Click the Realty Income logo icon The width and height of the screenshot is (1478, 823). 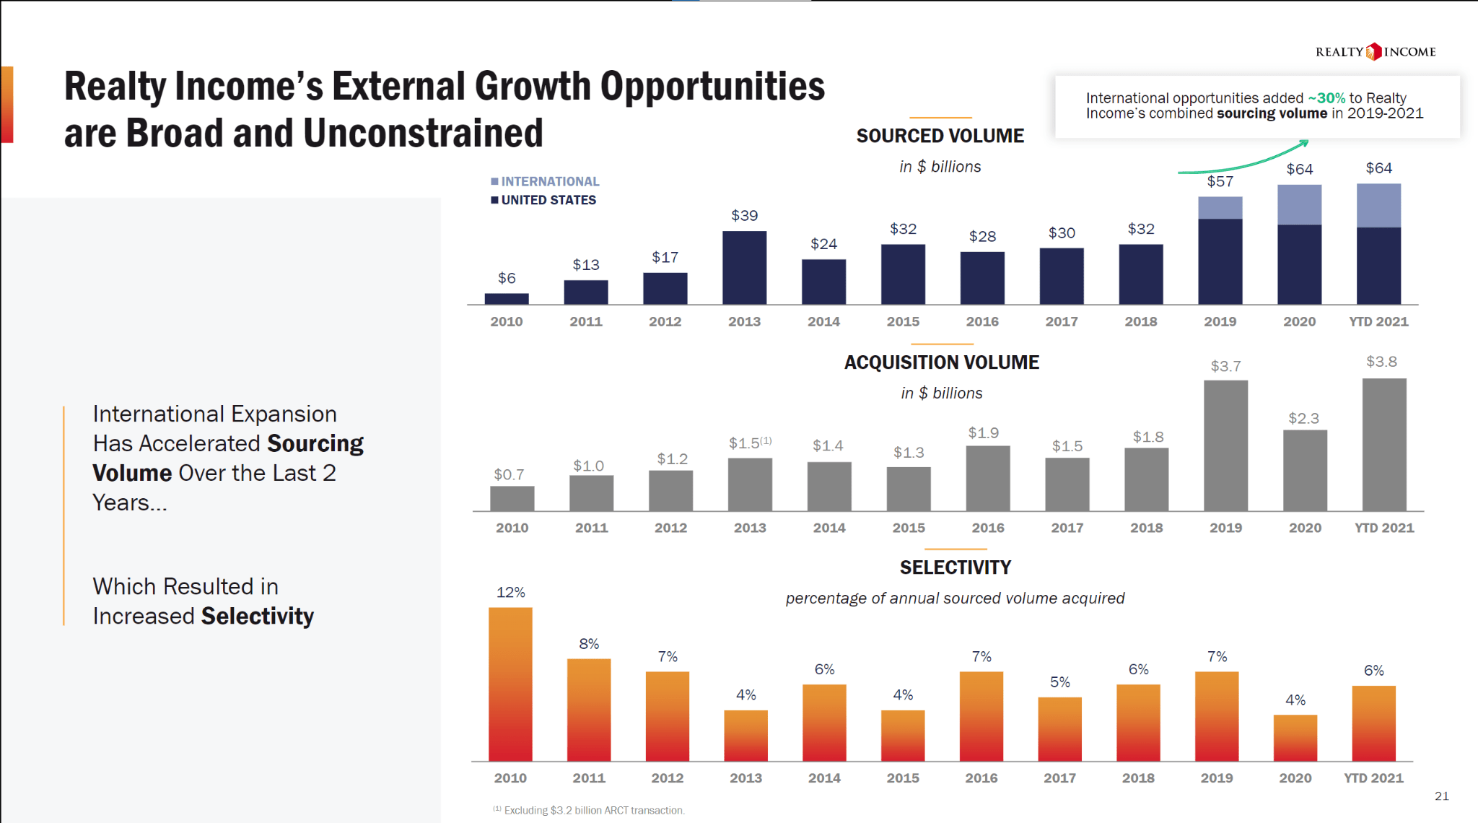(x=1373, y=51)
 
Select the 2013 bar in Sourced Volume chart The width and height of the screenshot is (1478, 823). (x=744, y=267)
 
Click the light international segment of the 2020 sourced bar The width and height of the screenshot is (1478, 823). (x=1299, y=204)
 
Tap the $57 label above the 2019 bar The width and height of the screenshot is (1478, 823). (x=1220, y=181)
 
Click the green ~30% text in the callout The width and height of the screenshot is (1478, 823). (x=1326, y=97)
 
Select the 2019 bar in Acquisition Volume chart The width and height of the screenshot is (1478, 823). (x=1225, y=445)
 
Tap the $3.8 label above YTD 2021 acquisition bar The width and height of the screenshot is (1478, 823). (x=1381, y=362)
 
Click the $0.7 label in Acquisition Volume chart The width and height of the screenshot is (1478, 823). (x=509, y=474)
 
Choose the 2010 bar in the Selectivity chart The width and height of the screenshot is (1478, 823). (x=510, y=684)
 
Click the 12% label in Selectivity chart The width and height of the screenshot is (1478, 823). (x=510, y=592)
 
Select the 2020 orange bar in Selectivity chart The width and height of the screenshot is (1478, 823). (x=1295, y=737)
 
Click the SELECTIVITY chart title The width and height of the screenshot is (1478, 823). (x=955, y=567)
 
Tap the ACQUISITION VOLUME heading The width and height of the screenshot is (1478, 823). (x=941, y=362)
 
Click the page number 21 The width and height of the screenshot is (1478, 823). (x=1441, y=796)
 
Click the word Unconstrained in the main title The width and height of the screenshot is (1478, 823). (x=423, y=134)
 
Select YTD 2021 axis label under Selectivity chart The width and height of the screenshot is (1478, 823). (x=1373, y=778)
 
